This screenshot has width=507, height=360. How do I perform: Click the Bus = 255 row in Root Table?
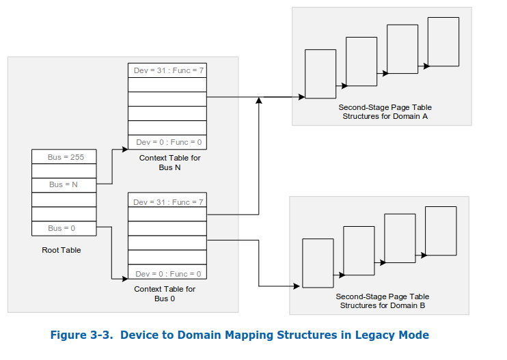[x=64, y=157]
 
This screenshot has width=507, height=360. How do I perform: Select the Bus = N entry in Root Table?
[x=64, y=184]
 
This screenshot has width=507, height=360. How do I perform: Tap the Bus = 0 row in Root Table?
[x=64, y=228]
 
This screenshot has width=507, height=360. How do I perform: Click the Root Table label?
[x=61, y=250]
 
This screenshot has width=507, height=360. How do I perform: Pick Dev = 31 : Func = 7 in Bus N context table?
[x=167, y=70]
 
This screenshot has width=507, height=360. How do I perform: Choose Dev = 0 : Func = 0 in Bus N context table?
[x=167, y=142]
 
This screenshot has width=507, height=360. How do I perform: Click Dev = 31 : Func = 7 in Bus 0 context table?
[x=167, y=202]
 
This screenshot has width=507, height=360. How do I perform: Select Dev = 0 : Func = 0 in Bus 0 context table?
[x=167, y=274]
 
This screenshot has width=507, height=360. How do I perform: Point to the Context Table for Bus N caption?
[x=167, y=163]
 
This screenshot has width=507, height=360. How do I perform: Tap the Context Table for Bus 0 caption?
[x=165, y=294]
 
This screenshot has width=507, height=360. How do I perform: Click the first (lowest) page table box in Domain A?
[x=320, y=74]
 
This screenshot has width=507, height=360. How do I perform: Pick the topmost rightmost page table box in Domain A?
[x=443, y=42]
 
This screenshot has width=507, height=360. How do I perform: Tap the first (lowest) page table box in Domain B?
[x=318, y=263]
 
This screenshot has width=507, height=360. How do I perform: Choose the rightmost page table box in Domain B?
[x=441, y=231]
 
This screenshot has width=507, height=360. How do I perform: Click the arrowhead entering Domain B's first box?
[x=299, y=286]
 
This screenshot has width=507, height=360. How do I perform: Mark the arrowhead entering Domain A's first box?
[x=301, y=97]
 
